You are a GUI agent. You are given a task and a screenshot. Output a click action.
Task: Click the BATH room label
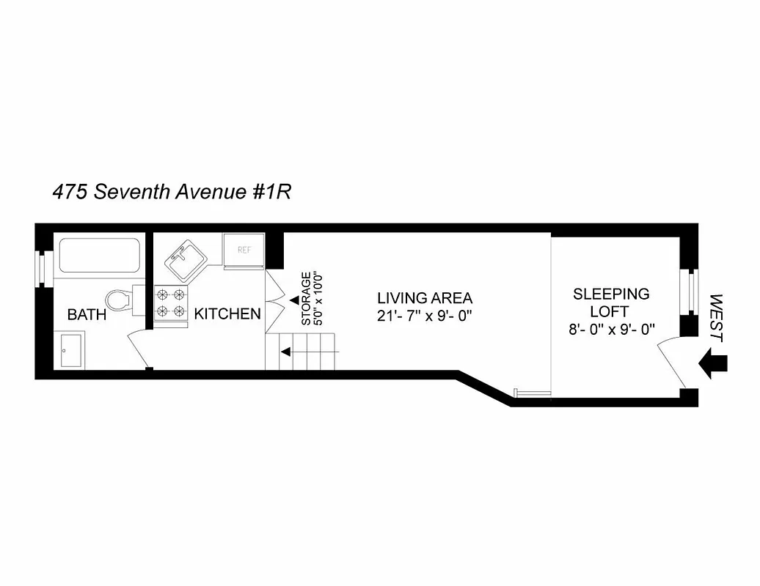87,315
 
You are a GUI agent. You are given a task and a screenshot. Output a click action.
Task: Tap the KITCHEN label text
227,314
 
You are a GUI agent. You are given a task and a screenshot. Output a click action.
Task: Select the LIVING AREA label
425,298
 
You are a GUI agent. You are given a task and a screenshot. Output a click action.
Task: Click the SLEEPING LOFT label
611,302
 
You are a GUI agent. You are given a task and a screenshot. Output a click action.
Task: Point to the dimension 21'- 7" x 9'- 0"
425,316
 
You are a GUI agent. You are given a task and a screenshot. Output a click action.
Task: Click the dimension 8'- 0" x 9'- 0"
611,329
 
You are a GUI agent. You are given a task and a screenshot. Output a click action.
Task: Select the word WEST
717,319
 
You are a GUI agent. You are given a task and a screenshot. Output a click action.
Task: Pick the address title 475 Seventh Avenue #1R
172,192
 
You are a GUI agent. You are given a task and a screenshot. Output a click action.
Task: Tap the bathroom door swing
140,347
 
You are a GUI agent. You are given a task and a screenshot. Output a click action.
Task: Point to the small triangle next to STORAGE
293,300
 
